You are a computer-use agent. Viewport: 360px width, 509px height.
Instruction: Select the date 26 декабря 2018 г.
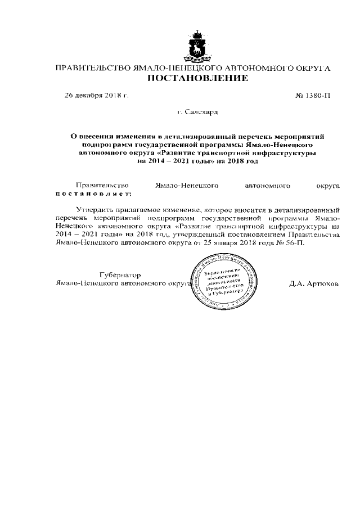(97, 96)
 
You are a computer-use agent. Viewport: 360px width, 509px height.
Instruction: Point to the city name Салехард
(201, 112)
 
